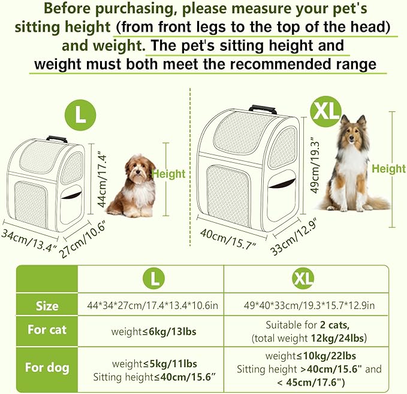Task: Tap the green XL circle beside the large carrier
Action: pyautogui.click(x=325, y=110)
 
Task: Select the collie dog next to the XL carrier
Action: pyautogui.click(x=352, y=165)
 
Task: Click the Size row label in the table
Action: pyautogui.click(x=47, y=306)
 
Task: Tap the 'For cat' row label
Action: pyautogui.click(x=47, y=331)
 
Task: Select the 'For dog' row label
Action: pyautogui.click(x=47, y=368)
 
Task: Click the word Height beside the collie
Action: pyautogui.click(x=388, y=169)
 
